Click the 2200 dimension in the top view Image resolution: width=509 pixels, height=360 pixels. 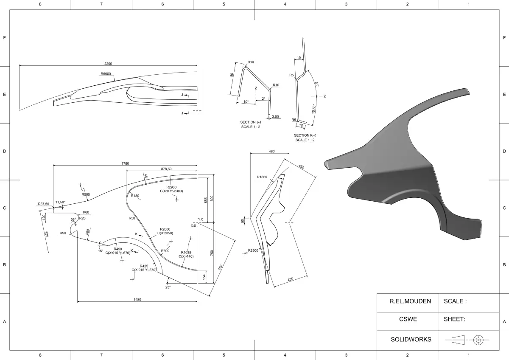point(108,64)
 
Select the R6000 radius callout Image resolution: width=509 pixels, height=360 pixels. point(106,74)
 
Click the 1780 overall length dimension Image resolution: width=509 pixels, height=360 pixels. point(125,163)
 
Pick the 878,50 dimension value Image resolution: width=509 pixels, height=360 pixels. point(166,169)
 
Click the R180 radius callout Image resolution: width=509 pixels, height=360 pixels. point(135,196)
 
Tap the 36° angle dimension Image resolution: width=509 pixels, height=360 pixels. point(73,219)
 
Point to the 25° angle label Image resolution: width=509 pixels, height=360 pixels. point(168,287)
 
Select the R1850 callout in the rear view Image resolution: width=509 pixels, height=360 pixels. point(262,177)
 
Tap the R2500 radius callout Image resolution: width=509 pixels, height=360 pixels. point(254,250)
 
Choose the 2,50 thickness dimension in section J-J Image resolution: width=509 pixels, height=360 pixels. point(275,116)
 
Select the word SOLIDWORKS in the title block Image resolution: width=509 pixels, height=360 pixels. point(411,339)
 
